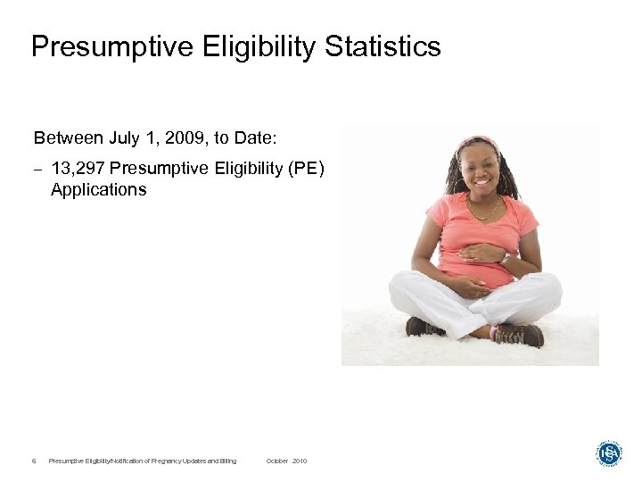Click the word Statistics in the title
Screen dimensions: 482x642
(383, 46)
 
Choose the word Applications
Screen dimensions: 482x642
(98, 189)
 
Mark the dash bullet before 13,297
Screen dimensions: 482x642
(37, 168)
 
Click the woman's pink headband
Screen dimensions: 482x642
(478, 142)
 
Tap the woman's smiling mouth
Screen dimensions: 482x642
(480, 182)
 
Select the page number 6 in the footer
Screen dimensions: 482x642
(33, 461)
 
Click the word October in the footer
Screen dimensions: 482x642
(277, 461)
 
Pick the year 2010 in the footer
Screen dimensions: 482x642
(299, 461)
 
